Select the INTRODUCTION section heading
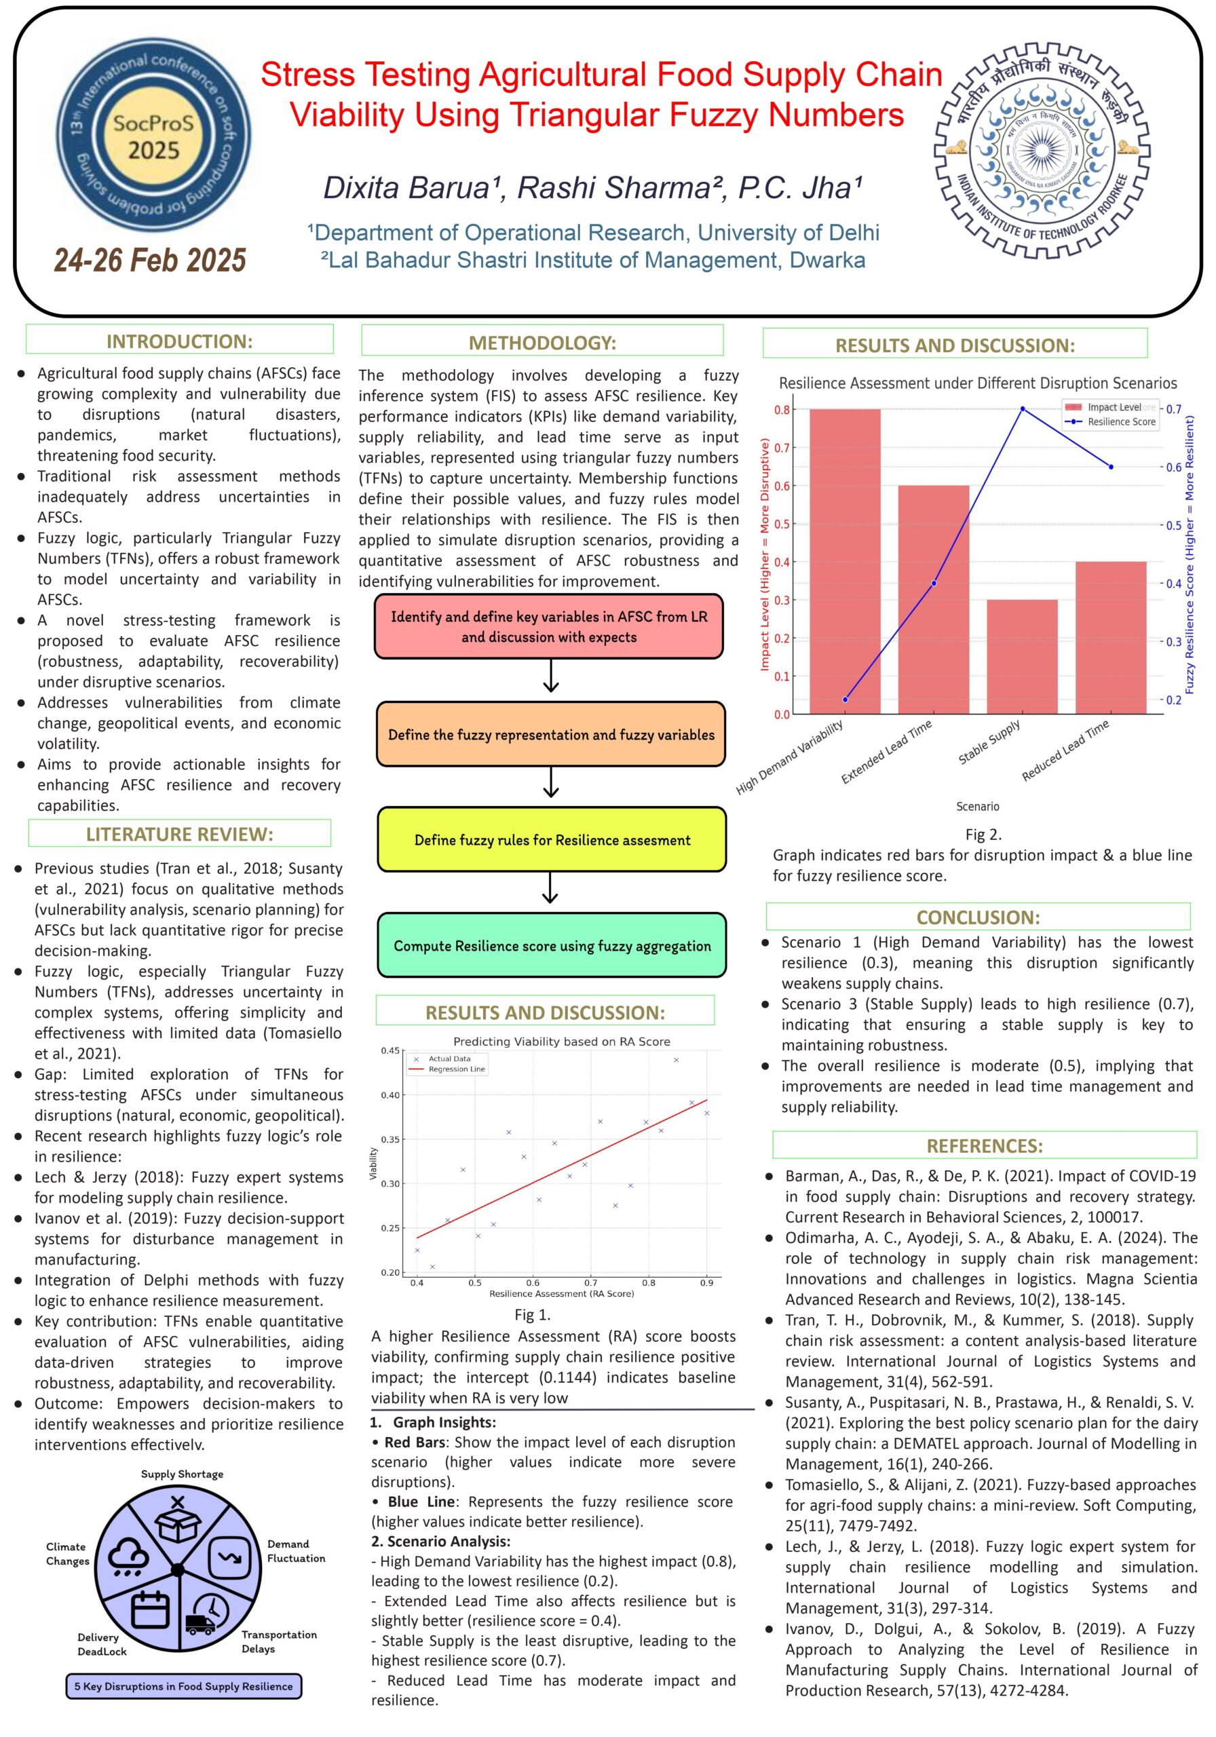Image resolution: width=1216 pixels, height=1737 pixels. (x=179, y=341)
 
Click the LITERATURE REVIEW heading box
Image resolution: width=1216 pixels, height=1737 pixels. (x=179, y=834)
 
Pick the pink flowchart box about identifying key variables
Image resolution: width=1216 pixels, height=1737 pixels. (x=548, y=626)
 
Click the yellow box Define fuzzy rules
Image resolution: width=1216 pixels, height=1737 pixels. (x=552, y=840)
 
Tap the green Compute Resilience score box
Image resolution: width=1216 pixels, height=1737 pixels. (x=552, y=946)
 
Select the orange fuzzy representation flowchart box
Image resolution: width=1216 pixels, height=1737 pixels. (x=551, y=735)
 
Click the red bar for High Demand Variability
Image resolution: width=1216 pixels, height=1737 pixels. (x=844, y=560)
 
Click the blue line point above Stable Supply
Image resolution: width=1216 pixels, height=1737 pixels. (x=1023, y=408)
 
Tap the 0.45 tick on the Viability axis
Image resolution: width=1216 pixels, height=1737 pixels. (x=389, y=1051)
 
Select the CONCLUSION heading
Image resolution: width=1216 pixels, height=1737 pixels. (x=978, y=917)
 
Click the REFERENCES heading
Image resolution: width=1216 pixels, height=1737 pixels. (x=985, y=1145)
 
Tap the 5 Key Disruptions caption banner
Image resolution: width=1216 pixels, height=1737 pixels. (x=183, y=1686)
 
